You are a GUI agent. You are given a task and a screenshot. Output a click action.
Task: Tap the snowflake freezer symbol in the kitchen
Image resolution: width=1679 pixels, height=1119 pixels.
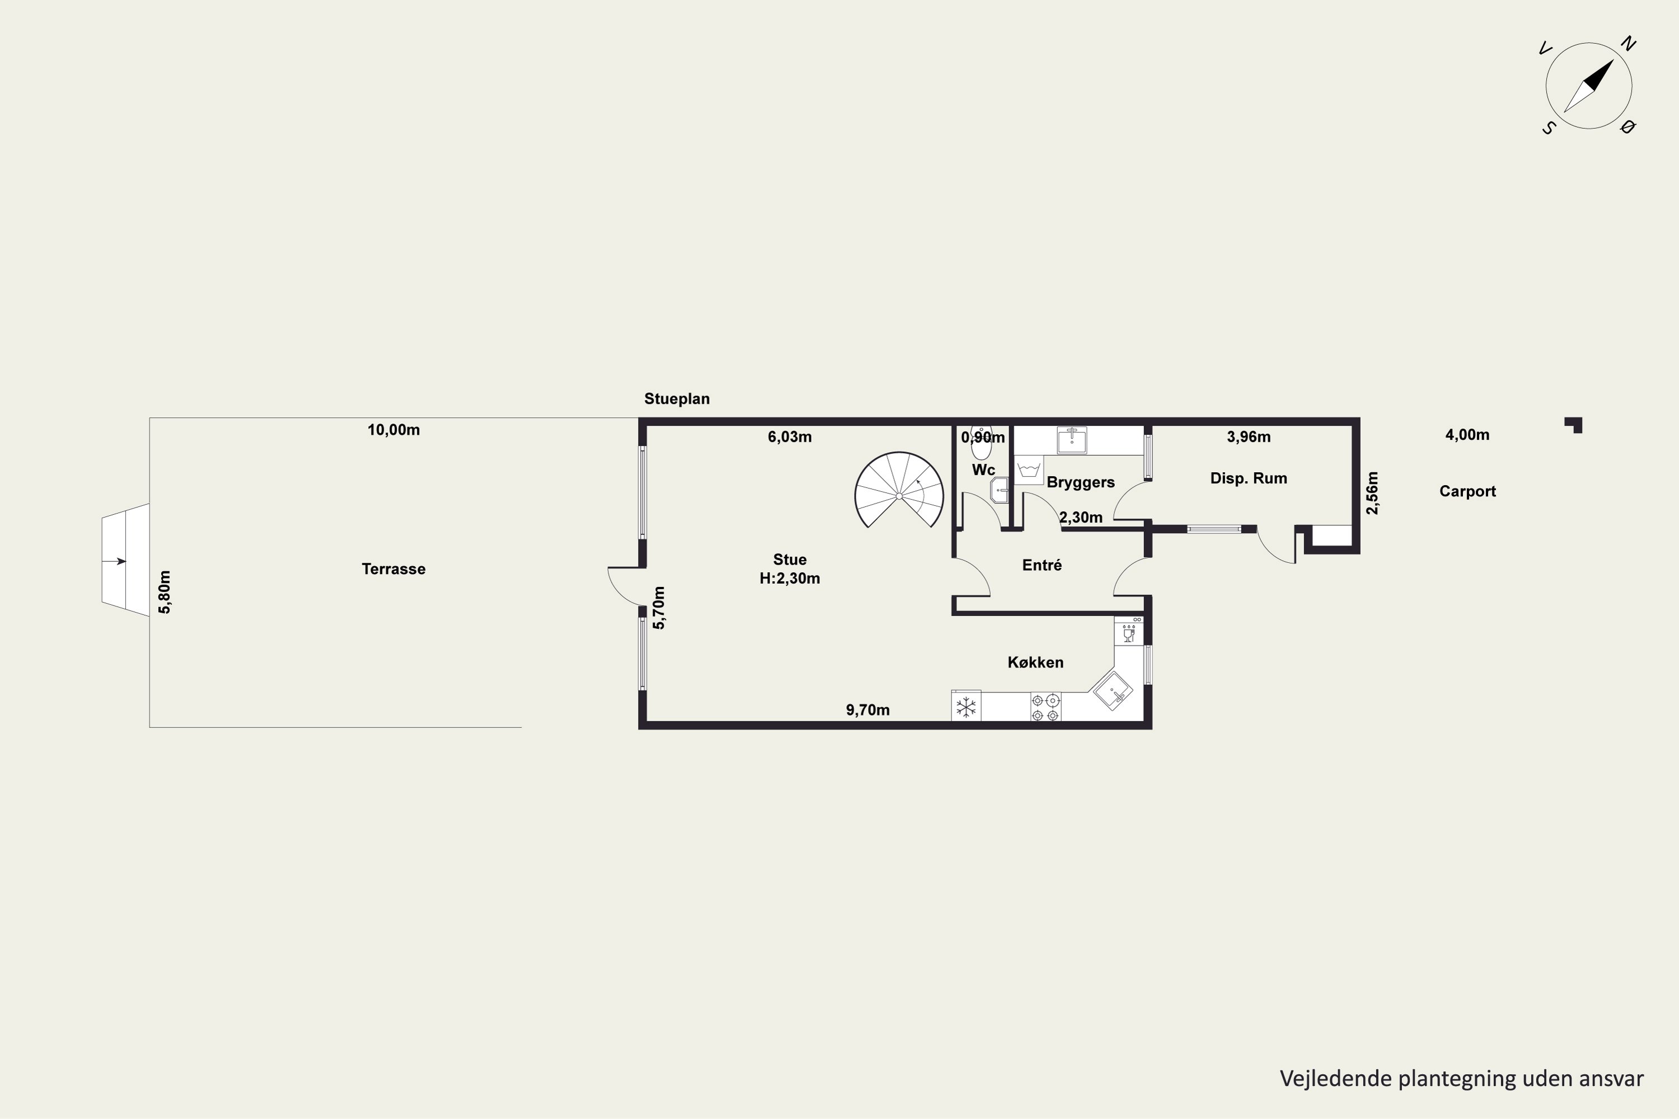point(966,707)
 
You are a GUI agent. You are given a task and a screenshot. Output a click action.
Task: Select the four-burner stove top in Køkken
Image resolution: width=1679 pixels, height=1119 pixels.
point(1045,707)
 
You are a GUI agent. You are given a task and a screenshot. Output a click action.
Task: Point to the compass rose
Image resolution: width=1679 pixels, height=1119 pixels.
point(1588,86)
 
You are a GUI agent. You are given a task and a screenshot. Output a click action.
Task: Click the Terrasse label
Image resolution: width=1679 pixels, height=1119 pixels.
point(393,569)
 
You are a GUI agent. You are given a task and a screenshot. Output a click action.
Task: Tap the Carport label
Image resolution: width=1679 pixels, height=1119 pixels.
point(1467,491)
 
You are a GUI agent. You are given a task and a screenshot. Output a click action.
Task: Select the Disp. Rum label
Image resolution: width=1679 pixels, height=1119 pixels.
point(1249,478)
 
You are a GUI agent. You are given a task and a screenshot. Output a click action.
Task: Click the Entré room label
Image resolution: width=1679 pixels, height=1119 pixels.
point(1042,565)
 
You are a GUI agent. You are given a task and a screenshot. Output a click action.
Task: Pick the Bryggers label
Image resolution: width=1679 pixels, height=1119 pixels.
point(1080,482)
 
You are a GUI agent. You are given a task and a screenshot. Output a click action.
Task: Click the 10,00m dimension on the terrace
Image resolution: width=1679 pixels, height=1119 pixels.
point(393,430)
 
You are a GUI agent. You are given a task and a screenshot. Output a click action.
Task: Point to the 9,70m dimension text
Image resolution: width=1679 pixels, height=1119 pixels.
point(867,709)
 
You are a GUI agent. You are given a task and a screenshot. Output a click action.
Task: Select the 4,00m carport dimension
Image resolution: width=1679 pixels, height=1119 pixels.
point(1467,435)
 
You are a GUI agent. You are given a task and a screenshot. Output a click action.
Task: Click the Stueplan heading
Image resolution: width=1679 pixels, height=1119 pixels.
point(677,399)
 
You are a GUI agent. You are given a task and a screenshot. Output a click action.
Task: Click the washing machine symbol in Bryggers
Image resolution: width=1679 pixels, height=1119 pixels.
point(1029,469)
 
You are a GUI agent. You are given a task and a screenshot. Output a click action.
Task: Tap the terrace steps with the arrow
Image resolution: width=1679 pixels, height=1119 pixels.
point(125,559)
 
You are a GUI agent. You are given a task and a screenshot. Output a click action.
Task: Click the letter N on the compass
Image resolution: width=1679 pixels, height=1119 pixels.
point(1628,44)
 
